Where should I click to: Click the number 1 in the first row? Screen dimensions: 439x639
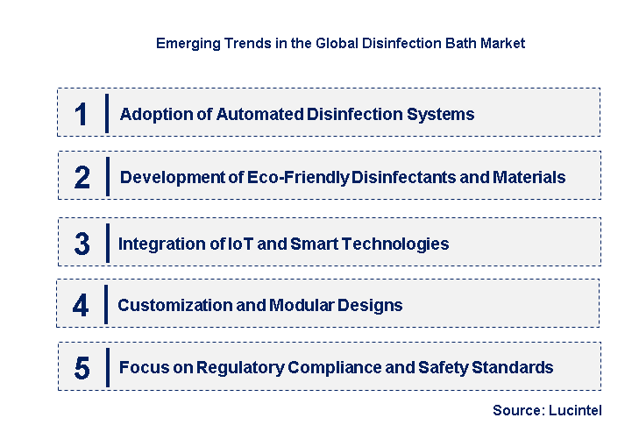pos(82,114)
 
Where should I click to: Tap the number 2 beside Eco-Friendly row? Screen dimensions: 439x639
pos(82,177)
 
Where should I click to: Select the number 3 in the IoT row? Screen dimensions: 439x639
pos(82,244)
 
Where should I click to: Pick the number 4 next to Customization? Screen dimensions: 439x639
pos(81,305)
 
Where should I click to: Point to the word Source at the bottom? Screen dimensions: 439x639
pos(515,410)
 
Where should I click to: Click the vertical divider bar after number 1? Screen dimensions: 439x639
pos(106,114)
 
